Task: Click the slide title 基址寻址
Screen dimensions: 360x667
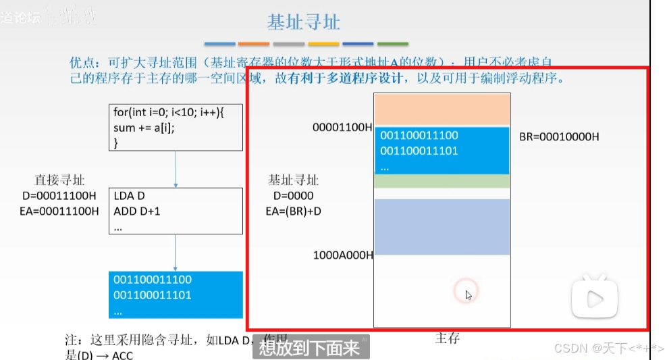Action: [x=303, y=22]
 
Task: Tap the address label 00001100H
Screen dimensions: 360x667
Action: [x=342, y=127]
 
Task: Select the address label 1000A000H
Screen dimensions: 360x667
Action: [x=342, y=255]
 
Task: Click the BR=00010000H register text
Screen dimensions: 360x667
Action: [x=559, y=136]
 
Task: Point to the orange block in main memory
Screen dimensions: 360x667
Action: [x=442, y=109]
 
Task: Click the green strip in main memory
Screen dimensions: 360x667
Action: [x=442, y=181]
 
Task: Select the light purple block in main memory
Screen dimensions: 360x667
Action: [x=442, y=226]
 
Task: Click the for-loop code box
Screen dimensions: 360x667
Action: [x=175, y=127]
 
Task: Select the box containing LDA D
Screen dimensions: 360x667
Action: [x=175, y=211]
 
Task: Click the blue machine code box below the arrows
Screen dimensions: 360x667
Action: [x=175, y=294]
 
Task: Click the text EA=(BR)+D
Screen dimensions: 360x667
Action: [x=294, y=211]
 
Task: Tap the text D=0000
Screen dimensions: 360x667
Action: [x=294, y=196]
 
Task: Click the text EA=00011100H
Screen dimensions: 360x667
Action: [x=59, y=211]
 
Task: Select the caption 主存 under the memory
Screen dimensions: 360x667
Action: [x=447, y=338]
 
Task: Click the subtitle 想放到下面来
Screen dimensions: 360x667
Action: [x=309, y=349]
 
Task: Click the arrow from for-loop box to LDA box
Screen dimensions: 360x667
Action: [x=176, y=169]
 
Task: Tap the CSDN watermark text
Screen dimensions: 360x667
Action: [x=608, y=348]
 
